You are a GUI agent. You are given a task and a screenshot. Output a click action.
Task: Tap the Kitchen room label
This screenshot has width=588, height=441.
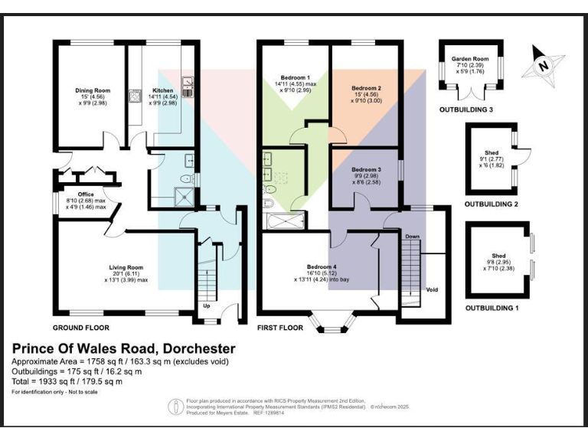pos(162,90)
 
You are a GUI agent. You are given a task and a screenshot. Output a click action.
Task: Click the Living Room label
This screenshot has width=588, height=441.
pos(126,267)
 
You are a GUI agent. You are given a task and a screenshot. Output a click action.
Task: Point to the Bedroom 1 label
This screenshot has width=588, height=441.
pos(295,78)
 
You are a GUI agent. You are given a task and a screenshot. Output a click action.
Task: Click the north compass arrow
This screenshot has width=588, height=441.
pos(543,64)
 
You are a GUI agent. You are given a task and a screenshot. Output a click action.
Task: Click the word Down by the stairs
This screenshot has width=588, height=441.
pos(413,237)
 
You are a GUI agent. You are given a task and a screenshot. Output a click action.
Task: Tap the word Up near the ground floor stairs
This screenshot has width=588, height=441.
pos(206,305)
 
